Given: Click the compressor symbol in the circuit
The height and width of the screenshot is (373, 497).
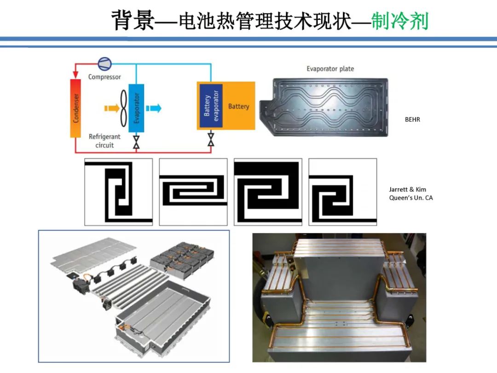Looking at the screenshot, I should [x=104, y=64].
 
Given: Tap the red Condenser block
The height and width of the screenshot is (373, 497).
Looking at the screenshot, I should [x=75, y=108].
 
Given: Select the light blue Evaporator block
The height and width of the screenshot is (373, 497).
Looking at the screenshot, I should [x=136, y=108].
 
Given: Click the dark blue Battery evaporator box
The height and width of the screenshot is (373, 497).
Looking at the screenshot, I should [x=211, y=106].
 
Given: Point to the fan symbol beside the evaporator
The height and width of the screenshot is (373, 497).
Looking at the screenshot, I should [x=123, y=108].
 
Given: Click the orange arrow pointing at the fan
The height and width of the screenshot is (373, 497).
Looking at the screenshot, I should [x=110, y=108].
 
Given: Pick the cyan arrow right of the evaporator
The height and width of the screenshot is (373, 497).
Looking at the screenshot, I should [x=154, y=108].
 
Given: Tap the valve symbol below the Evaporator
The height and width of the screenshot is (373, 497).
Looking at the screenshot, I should [x=136, y=141].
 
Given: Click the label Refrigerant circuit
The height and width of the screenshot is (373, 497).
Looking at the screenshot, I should [x=104, y=141].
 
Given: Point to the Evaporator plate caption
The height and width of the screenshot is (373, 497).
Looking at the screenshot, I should [x=330, y=69].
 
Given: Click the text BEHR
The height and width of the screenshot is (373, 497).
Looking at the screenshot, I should [x=412, y=120].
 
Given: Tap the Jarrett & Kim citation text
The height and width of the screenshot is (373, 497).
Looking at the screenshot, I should [x=410, y=193].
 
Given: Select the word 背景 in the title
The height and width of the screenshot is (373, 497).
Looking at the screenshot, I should [x=133, y=21].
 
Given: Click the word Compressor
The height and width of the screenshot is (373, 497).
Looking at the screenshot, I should [x=104, y=77].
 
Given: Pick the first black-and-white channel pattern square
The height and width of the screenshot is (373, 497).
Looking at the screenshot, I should [x=118, y=192].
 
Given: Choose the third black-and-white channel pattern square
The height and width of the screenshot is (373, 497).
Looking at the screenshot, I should [x=268, y=192].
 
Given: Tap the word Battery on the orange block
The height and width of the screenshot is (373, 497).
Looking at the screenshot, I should [x=238, y=106].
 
